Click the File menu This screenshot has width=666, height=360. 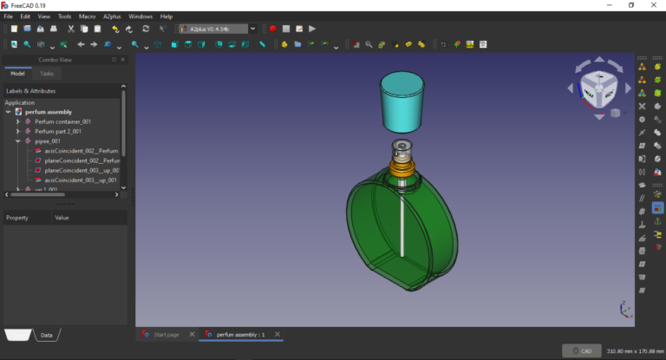pyautogui.click(x=8, y=16)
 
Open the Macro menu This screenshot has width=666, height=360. pyautogui.click(x=87, y=16)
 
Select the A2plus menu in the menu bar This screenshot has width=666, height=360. pyautogui.click(x=112, y=16)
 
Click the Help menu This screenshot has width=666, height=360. pyautogui.click(x=166, y=16)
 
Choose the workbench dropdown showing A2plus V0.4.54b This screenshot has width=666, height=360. pyautogui.click(x=218, y=29)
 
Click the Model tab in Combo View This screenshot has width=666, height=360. pyautogui.click(x=17, y=74)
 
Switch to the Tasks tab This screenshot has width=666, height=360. pyautogui.click(x=47, y=74)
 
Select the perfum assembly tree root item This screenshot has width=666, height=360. pyautogui.click(x=49, y=112)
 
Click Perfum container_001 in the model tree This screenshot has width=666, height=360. pyautogui.click(x=62, y=121)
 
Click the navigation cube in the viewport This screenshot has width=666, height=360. pyautogui.click(x=598, y=88)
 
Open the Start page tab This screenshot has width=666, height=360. pyautogui.click(x=166, y=334)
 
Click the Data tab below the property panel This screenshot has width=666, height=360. pyautogui.click(x=47, y=335)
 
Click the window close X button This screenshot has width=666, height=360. pyautogui.click(x=654, y=5)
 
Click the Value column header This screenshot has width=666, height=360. pyautogui.click(x=62, y=218)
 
